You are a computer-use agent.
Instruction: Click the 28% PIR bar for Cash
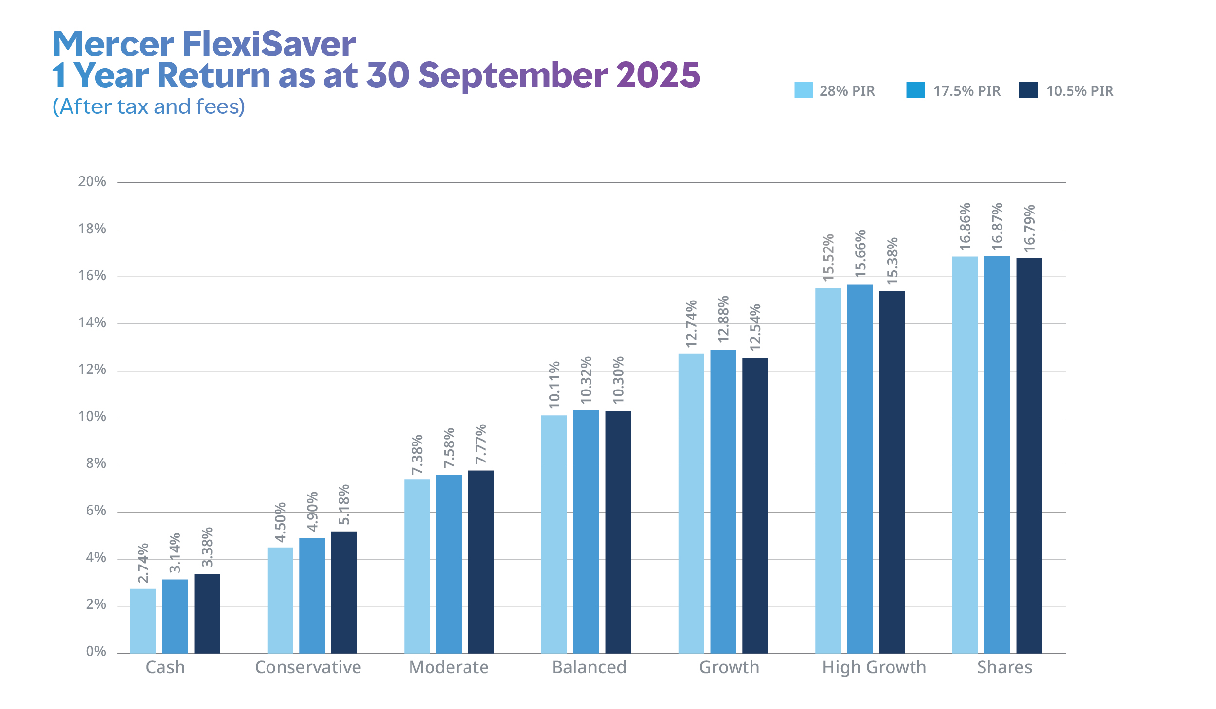click(143, 620)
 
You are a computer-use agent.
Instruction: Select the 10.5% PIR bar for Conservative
click(344, 592)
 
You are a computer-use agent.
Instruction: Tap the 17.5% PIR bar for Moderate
click(449, 564)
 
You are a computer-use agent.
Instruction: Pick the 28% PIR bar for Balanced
click(554, 534)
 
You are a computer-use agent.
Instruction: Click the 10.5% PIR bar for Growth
click(755, 505)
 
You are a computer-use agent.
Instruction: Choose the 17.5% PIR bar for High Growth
click(860, 469)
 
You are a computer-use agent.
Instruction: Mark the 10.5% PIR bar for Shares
click(1029, 455)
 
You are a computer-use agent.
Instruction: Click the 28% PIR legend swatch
click(804, 90)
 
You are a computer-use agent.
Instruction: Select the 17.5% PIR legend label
click(966, 91)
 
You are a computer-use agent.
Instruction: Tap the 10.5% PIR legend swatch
click(1028, 90)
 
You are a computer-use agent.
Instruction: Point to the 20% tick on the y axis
click(92, 182)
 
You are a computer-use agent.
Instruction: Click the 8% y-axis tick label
click(96, 463)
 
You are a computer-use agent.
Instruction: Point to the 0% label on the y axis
click(96, 652)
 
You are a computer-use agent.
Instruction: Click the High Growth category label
click(874, 667)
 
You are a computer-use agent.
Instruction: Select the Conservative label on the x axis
click(308, 667)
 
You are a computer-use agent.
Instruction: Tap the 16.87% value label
click(997, 227)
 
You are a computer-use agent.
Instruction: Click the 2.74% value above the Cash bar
click(143, 563)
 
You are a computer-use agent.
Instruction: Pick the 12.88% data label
click(723, 319)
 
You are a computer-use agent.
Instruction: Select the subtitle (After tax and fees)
click(149, 106)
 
